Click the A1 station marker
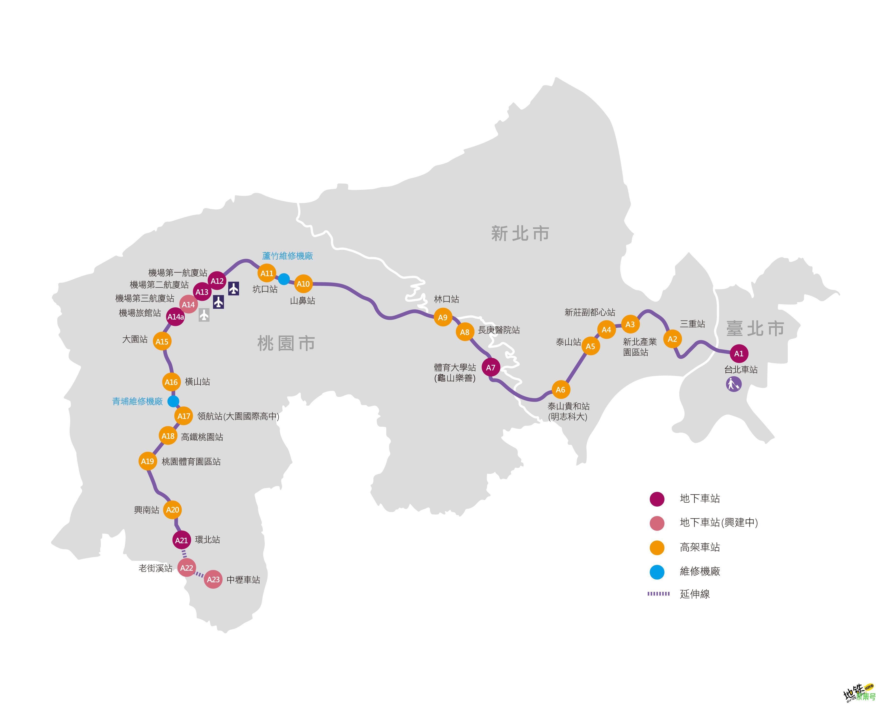tap(739, 354)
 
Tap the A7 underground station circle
tap(491, 367)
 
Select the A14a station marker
tap(175, 317)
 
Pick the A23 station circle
tap(213, 579)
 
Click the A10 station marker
tap(303, 284)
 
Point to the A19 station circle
tap(147, 461)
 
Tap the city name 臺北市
tap(755, 328)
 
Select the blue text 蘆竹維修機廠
tap(287, 256)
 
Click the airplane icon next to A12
tap(234, 289)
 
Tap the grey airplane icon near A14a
tap(204, 315)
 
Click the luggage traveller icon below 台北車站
tap(734, 384)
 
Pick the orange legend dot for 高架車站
tap(657, 548)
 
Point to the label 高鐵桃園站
tap(202, 437)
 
